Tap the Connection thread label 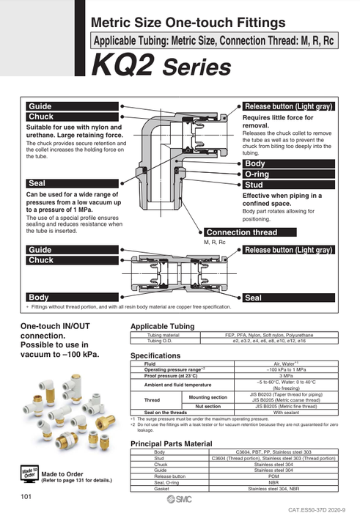tap(241, 232)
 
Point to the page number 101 tap(27, 498)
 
